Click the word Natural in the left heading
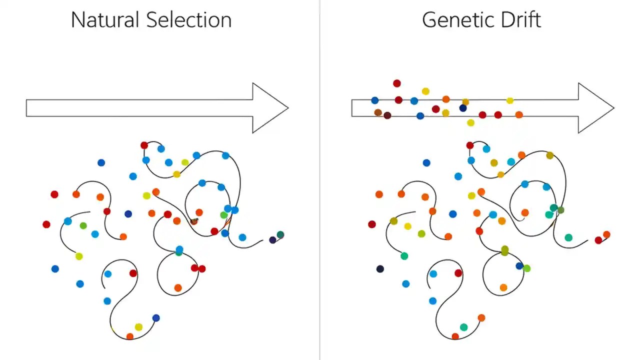(x=105, y=20)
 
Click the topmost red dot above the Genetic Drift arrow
(x=396, y=83)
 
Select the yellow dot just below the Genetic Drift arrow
(x=470, y=122)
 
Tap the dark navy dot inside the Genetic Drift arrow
(x=463, y=108)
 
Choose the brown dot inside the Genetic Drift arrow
(x=378, y=112)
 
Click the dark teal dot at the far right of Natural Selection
(x=280, y=234)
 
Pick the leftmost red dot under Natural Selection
(x=46, y=224)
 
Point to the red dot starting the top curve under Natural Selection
(x=144, y=145)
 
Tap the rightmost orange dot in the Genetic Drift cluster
(x=606, y=234)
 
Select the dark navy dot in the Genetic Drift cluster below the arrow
(x=380, y=269)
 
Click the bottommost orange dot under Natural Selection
(x=130, y=336)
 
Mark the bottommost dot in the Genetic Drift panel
(x=455, y=336)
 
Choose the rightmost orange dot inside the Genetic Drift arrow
(x=519, y=114)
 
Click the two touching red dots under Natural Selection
(x=198, y=268)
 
